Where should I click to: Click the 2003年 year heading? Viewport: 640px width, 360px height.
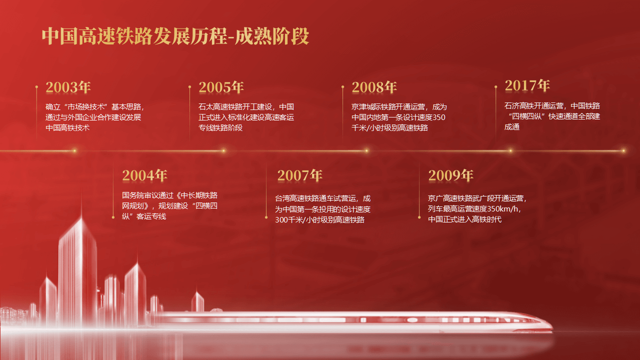point(68,87)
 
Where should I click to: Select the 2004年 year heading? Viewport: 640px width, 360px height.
point(144,175)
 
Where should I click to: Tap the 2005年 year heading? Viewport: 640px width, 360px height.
point(221,87)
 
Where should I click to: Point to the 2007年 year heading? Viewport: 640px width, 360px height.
point(299,175)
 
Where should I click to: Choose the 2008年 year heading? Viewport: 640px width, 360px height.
point(374,87)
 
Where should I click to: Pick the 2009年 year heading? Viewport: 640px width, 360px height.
point(451,175)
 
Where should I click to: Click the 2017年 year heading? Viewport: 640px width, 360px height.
point(527,85)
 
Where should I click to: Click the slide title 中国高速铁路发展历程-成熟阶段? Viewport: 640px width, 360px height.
point(175,36)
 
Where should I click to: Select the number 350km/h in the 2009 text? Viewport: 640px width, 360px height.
point(502,209)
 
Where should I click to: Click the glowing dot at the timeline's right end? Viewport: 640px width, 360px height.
point(623,150)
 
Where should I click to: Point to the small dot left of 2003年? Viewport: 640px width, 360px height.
point(36,86)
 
